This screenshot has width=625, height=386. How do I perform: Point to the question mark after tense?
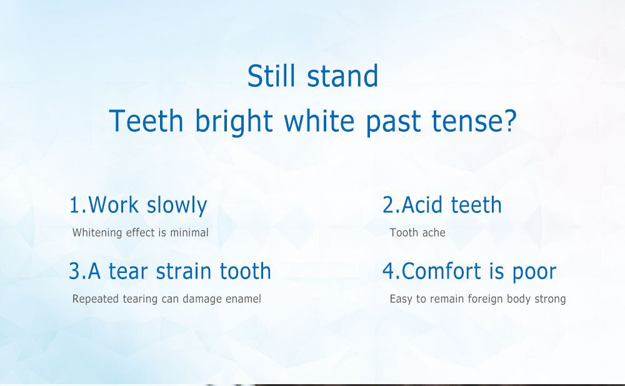coord(510,121)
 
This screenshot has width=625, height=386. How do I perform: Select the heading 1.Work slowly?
coord(137,205)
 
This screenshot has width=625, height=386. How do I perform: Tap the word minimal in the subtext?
coord(189,233)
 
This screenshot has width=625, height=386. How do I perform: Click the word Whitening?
coord(97,233)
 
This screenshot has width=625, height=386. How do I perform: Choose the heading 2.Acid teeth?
coord(442,205)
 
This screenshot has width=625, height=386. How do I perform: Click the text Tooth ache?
coord(417,233)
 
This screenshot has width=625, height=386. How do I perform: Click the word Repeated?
coord(94,299)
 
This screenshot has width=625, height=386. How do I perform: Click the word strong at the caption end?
coord(549,300)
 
